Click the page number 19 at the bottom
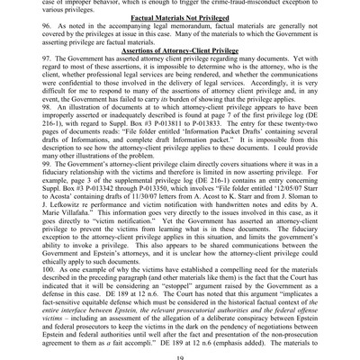pyautogui.click(x=180, y=353)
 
